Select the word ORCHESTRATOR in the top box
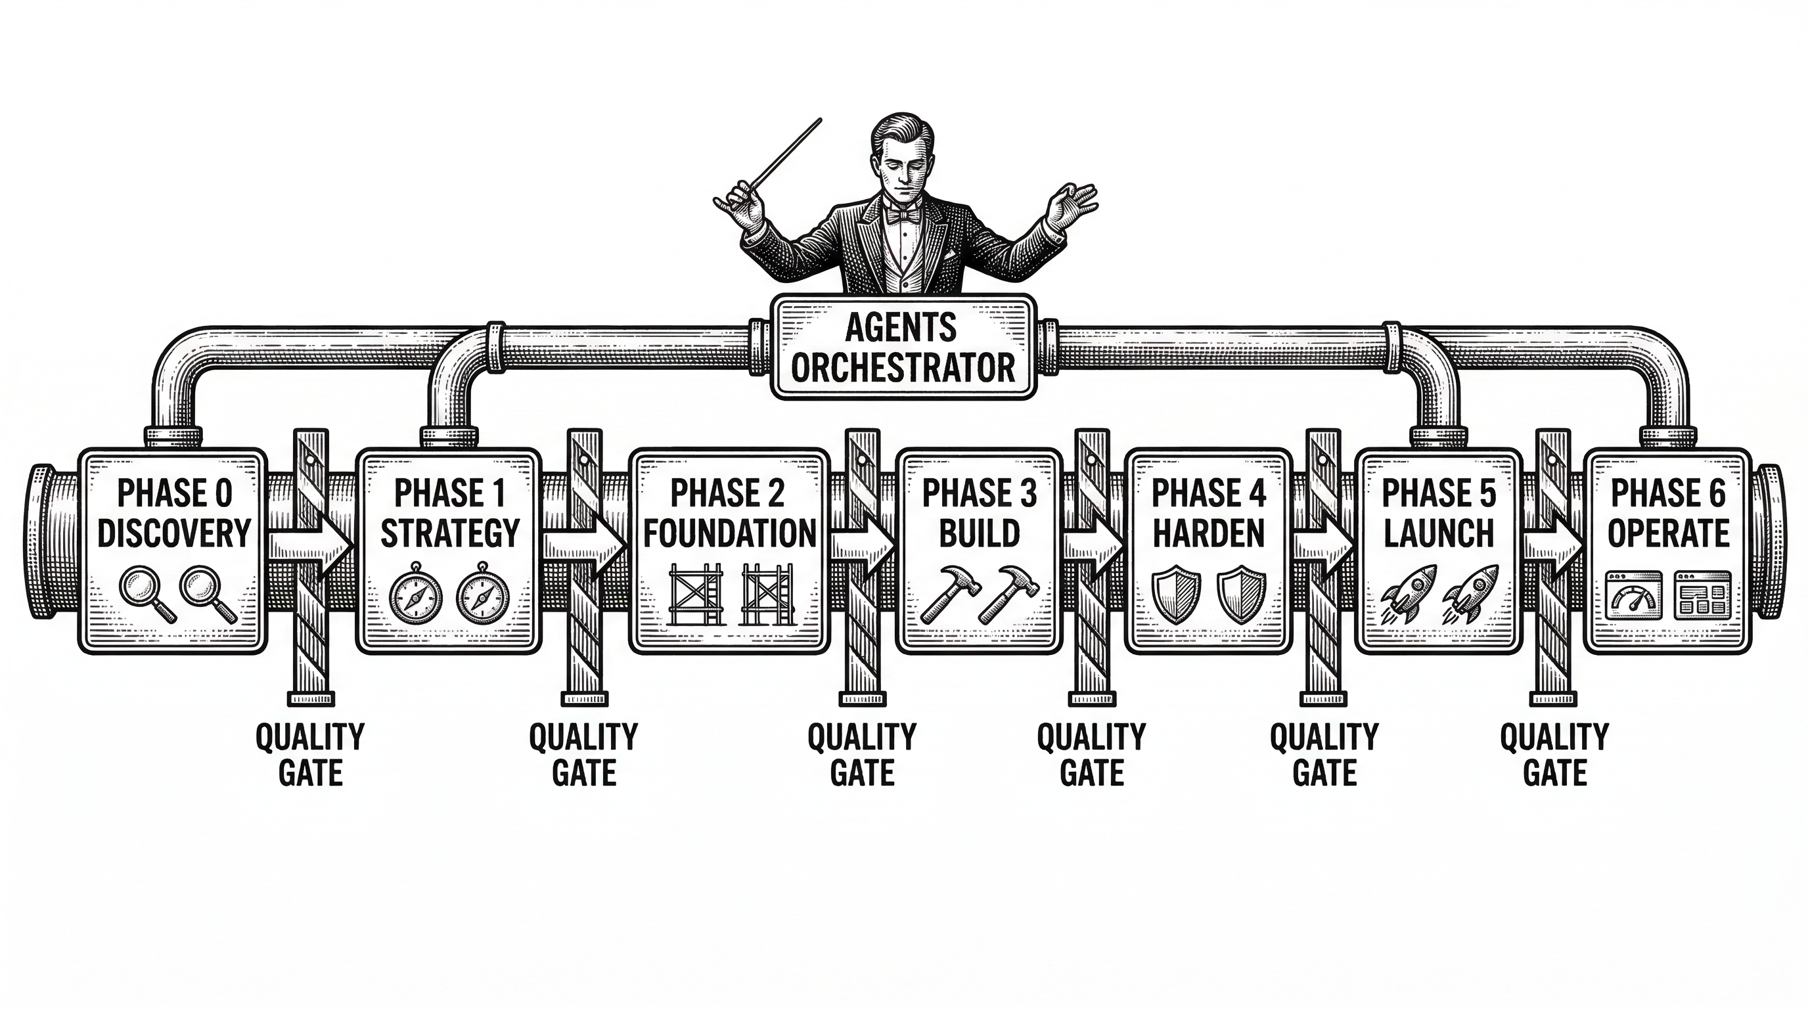pyautogui.click(x=903, y=368)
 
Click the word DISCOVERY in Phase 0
pyautogui.click(x=173, y=533)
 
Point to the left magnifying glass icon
pyautogui.click(x=146, y=594)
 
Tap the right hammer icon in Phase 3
pyautogui.click(x=1003, y=594)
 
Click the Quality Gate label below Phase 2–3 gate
pyautogui.click(x=862, y=755)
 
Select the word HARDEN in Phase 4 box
pyautogui.click(x=1209, y=533)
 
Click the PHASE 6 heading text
pyautogui.click(x=1667, y=493)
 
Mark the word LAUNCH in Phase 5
pyautogui.click(x=1438, y=533)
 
